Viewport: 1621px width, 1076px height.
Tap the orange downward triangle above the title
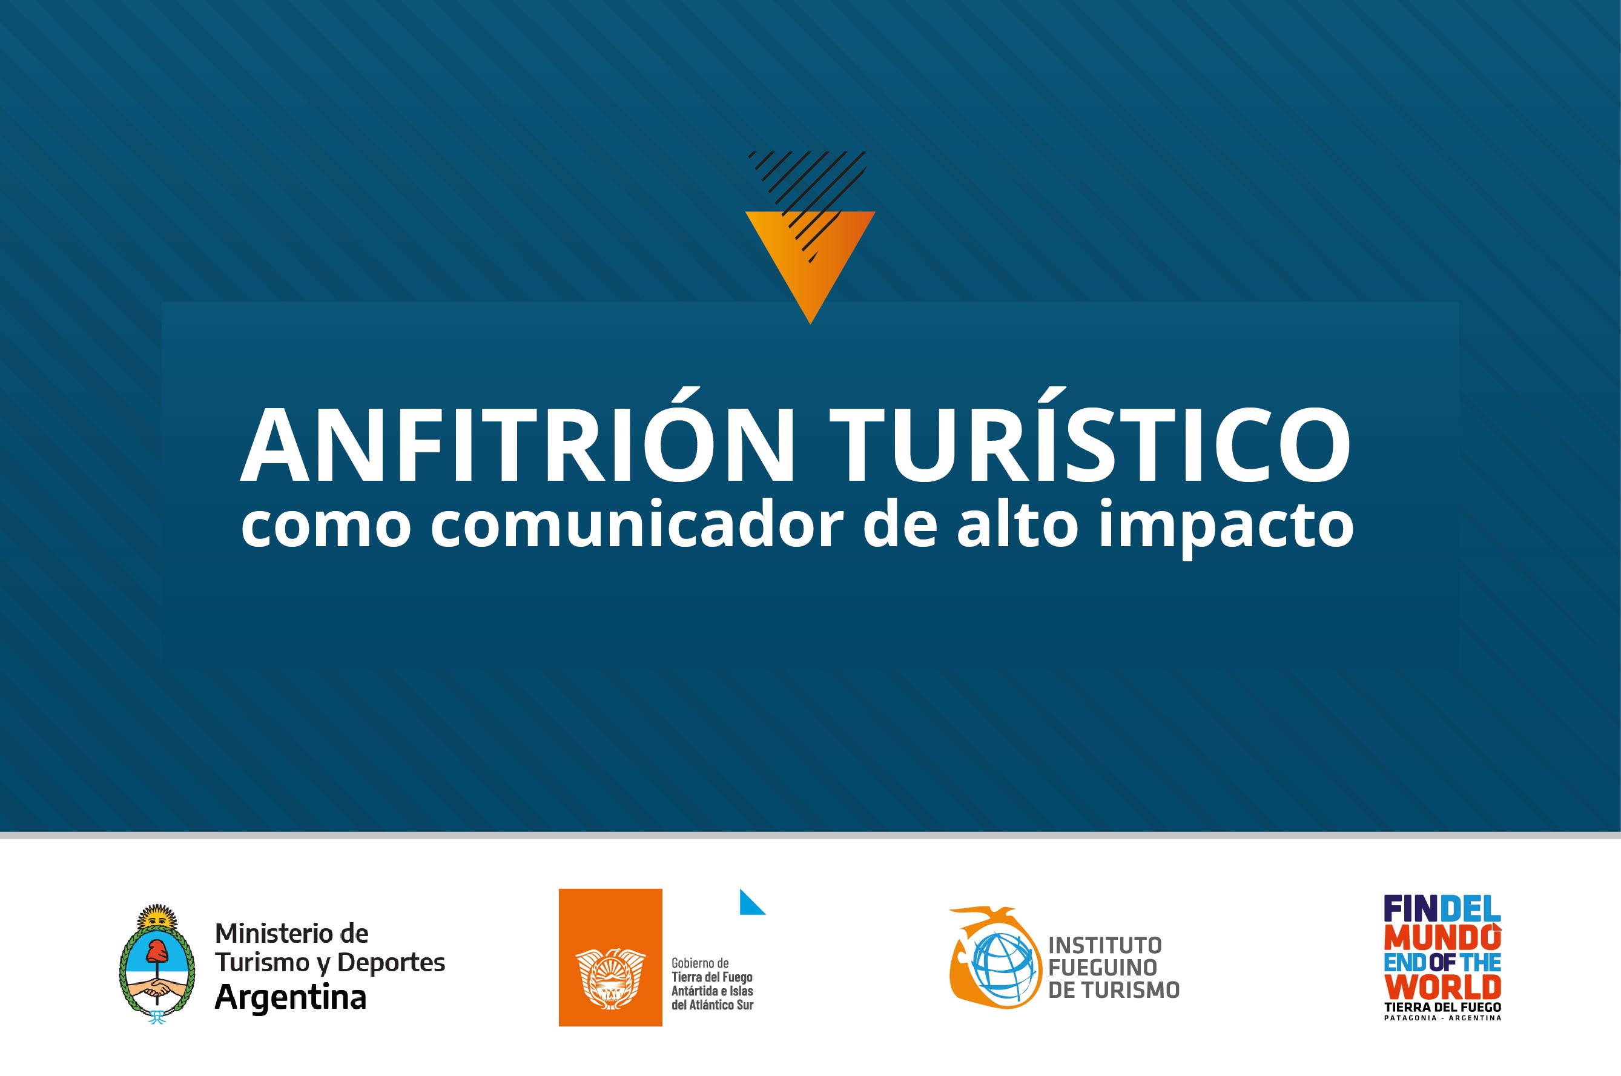coord(810,267)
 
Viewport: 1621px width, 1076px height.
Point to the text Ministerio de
coord(292,933)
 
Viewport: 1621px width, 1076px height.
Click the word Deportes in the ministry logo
coord(392,963)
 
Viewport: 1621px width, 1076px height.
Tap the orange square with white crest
coord(610,957)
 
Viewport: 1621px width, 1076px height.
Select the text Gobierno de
coord(700,963)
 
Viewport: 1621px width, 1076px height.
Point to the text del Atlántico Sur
coord(712,1005)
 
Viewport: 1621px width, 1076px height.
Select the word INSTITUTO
coord(1105,945)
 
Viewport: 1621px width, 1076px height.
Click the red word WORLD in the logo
coord(1442,988)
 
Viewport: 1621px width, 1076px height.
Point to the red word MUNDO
coord(1442,937)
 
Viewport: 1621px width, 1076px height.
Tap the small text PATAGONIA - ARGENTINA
coord(1442,1018)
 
